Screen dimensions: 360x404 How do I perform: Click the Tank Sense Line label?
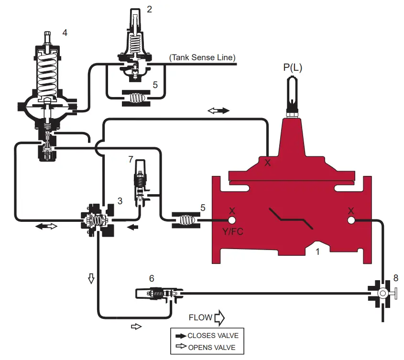pyautogui.click(x=203, y=58)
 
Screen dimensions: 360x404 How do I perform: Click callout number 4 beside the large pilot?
pyautogui.click(x=65, y=33)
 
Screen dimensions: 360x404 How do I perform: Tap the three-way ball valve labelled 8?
pyautogui.click(x=382, y=293)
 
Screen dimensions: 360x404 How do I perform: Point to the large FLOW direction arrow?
pyautogui.click(x=219, y=317)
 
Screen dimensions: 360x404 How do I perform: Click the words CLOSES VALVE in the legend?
pyautogui.click(x=213, y=336)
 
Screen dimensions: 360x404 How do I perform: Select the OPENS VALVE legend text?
pyautogui.click(x=211, y=348)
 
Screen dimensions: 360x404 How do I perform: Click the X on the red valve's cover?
pyautogui.click(x=268, y=163)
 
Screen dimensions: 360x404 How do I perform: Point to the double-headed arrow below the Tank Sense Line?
pyautogui.click(x=219, y=110)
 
